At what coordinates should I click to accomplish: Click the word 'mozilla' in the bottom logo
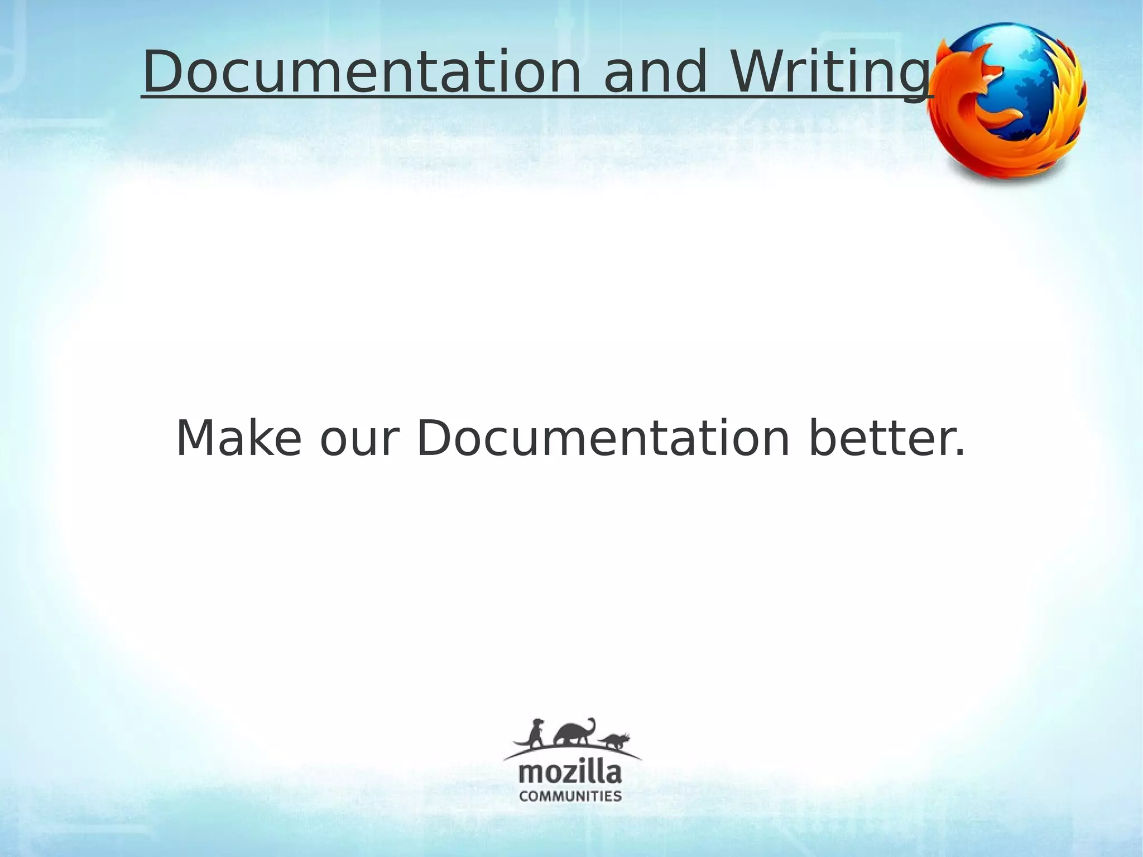click(x=570, y=773)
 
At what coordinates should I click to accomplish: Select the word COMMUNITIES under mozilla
click(x=570, y=796)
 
